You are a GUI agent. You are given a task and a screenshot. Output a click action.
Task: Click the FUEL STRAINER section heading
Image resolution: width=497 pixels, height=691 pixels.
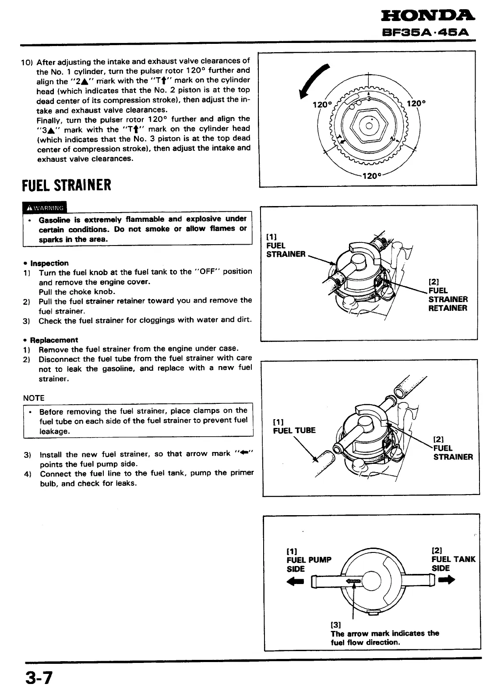(67, 185)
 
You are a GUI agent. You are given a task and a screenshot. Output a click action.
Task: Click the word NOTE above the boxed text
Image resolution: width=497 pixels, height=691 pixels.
(34, 398)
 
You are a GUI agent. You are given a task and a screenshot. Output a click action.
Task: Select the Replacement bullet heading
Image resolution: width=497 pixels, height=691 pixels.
(54, 340)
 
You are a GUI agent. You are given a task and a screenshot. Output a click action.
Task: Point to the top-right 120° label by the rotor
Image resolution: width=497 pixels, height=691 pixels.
(416, 104)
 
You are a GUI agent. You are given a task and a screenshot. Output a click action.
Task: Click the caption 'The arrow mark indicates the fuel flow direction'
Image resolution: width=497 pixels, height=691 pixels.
(384, 638)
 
